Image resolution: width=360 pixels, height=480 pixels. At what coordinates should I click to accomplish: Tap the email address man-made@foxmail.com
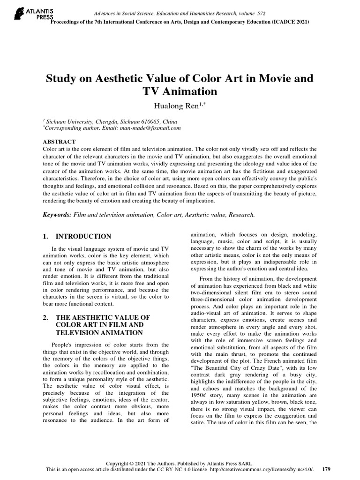[150, 127]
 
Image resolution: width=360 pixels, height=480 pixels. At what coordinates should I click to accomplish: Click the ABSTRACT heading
[59, 141]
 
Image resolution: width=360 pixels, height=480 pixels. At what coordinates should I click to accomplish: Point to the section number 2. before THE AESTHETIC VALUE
[46, 317]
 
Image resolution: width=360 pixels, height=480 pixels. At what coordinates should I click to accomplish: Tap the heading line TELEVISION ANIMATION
[99, 333]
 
